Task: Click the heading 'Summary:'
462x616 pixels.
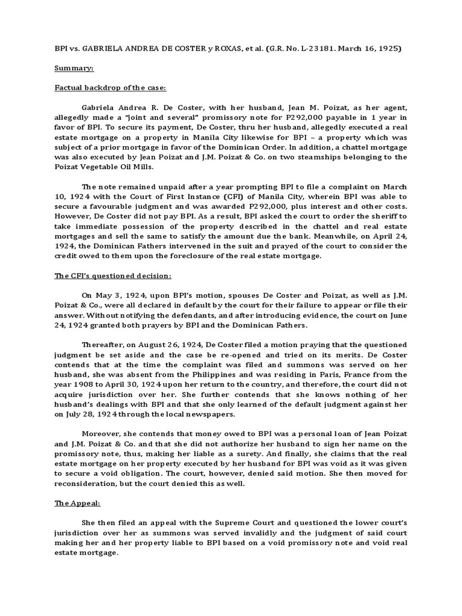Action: (x=72, y=69)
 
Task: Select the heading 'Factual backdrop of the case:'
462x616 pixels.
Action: (x=106, y=88)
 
